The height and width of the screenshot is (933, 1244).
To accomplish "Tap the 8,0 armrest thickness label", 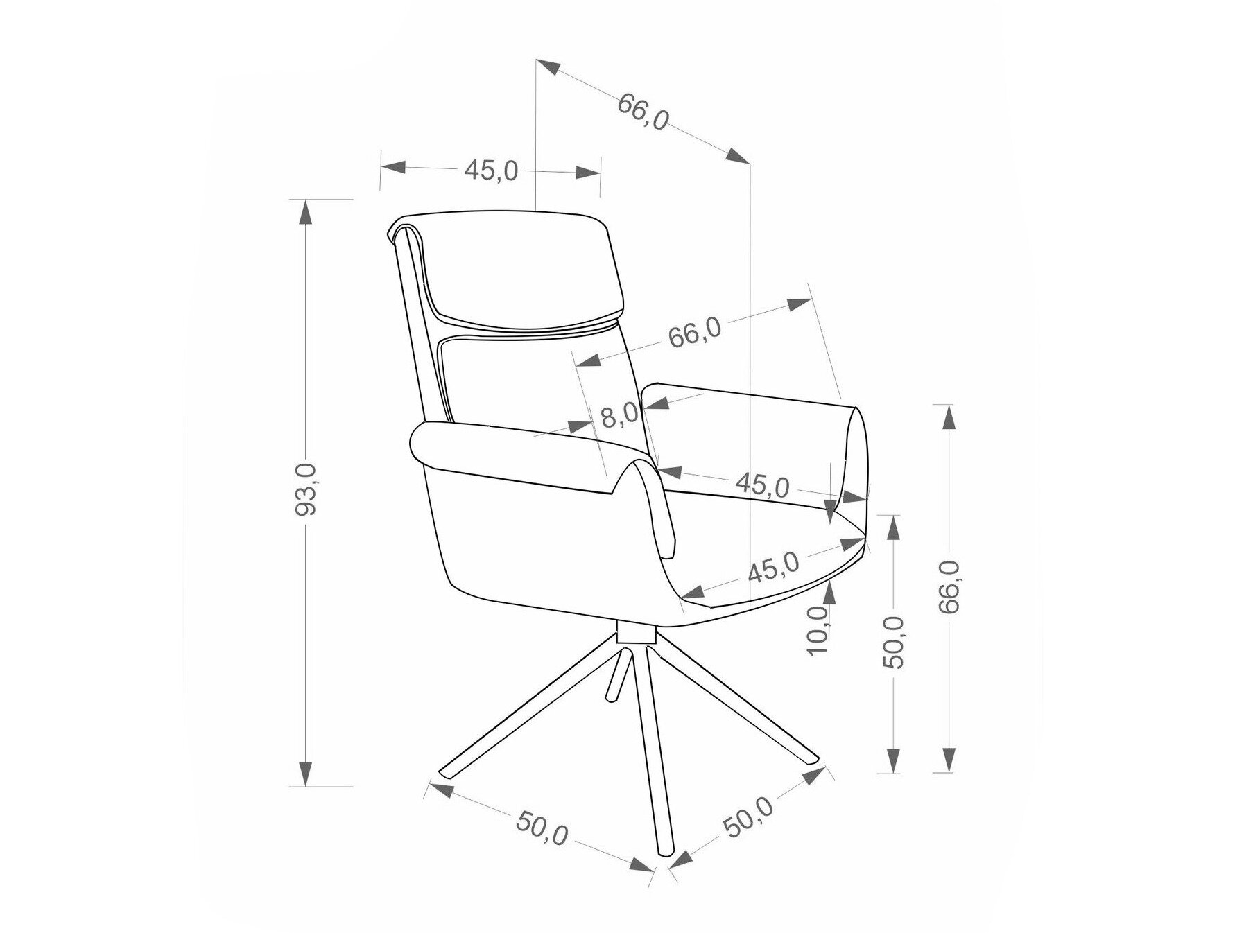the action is click(619, 416).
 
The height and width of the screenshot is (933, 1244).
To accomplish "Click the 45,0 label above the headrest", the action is click(491, 171).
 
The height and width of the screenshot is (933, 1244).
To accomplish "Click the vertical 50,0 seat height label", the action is click(896, 641).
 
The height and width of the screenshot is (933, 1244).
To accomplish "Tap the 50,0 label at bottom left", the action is click(542, 828).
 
